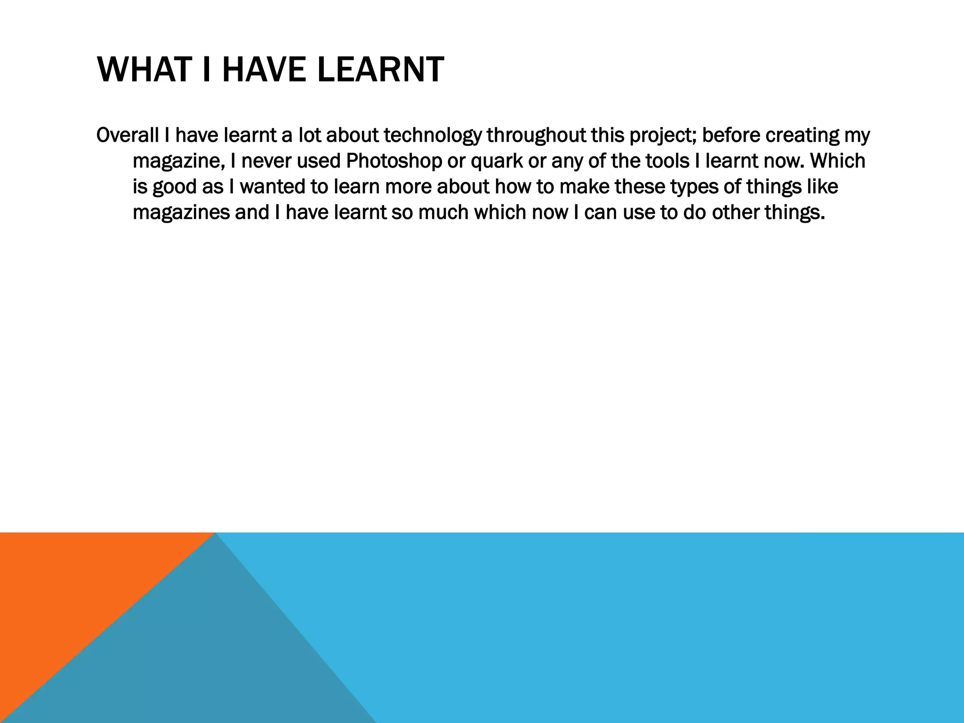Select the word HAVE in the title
[264, 69]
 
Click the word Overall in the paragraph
[127, 135]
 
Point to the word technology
[433, 136]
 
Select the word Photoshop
[394, 161]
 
